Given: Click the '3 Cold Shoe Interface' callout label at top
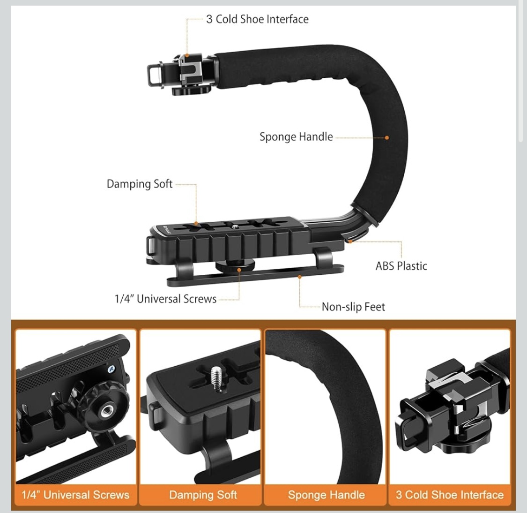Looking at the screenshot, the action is pyautogui.click(x=257, y=19).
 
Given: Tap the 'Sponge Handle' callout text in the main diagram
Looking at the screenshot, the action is pyautogui.click(x=296, y=137).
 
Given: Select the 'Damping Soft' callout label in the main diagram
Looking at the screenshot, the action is pyautogui.click(x=140, y=184).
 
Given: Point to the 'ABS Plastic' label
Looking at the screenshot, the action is pyautogui.click(x=401, y=266).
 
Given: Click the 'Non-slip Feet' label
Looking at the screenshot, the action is pyautogui.click(x=353, y=307).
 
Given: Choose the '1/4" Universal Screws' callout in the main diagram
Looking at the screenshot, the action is pyautogui.click(x=165, y=299).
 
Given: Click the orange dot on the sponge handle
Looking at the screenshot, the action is pyautogui.click(x=387, y=137).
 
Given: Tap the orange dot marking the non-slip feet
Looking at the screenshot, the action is pyautogui.click(x=299, y=277).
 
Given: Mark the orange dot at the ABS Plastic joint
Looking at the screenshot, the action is pyautogui.click(x=350, y=241).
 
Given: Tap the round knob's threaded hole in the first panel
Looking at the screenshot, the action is pyautogui.click(x=107, y=411).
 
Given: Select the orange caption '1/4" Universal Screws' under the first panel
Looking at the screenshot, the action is pyautogui.click(x=75, y=495).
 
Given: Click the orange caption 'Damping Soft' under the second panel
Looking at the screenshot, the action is pyautogui.click(x=203, y=495).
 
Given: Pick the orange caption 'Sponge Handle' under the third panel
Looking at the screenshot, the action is pyautogui.click(x=327, y=495).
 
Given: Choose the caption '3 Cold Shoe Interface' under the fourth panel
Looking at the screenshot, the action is pyautogui.click(x=450, y=495).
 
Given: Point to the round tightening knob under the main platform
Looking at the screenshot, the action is pyautogui.click(x=235, y=266).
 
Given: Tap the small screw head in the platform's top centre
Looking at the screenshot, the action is pyautogui.click(x=235, y=227).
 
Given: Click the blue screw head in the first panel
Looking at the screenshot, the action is pyautogui.click(x=111, y=370).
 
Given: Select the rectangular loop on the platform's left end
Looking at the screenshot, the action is pyautogui.click(x=151, y=246).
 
